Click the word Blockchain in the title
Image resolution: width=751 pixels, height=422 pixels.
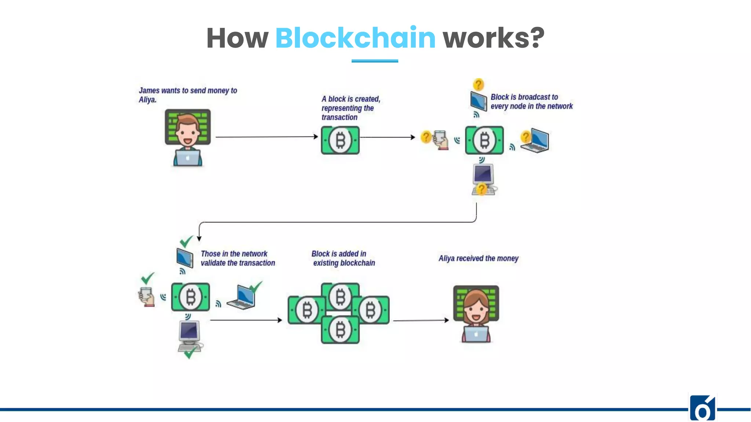[x=355, y=38]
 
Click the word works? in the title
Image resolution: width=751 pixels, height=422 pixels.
[x=493, y=38]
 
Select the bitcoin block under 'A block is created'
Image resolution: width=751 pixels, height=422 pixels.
[x=340, y=140]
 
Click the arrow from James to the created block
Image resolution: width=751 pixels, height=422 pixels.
[x=267, y=137]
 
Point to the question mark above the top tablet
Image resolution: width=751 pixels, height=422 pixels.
[x=478, y=85]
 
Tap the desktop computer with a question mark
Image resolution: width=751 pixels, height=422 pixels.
[x=483, y=178]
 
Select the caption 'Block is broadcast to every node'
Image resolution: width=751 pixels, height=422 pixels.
[x=531, y=102]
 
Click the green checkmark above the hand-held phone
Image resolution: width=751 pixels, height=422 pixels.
[x=147, y=278]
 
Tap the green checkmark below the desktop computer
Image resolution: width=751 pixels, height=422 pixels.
[x=190, y=353]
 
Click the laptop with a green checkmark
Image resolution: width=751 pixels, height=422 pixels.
[x=242, y=297]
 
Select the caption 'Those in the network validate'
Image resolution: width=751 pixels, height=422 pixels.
[x=237, y=258]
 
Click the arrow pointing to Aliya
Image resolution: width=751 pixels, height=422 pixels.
[x=421, y=321]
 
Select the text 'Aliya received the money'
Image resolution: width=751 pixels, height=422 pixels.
[x=478, y=259]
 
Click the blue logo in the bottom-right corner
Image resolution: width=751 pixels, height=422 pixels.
[x=702, y=409]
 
